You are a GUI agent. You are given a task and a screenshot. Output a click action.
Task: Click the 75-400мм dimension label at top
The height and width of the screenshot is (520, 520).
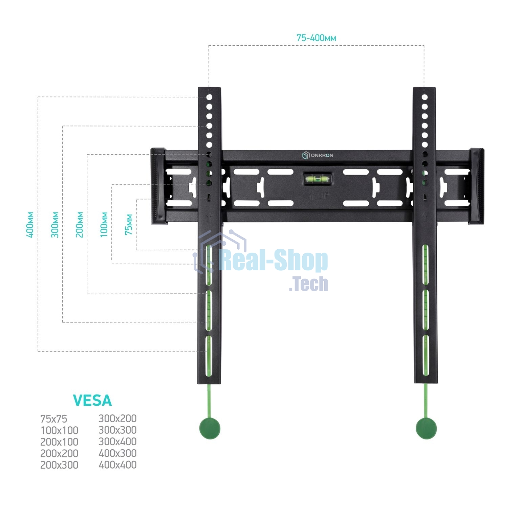316,38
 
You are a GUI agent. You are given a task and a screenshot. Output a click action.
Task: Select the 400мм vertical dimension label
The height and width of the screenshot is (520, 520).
30,225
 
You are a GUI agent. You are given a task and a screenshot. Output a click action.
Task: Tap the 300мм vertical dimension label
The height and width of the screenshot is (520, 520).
55,225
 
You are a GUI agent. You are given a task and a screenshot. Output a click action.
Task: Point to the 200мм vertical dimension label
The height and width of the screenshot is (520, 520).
80,225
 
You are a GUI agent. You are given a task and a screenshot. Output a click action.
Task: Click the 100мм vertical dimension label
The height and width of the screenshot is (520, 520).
104,225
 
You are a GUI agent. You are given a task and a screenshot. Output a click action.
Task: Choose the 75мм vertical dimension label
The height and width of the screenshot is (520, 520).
129,225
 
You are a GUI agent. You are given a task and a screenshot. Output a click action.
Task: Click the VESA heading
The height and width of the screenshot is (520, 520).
92,401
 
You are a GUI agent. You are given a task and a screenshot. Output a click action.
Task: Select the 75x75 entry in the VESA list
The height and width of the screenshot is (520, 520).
53,419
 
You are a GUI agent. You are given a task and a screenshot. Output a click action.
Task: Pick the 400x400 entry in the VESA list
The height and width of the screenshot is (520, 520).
117,465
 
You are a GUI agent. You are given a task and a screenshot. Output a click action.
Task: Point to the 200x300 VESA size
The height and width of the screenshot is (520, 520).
59,465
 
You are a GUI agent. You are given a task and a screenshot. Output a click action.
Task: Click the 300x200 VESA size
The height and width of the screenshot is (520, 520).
117,419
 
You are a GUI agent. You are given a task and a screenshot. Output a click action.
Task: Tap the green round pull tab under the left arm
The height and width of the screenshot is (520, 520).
210,428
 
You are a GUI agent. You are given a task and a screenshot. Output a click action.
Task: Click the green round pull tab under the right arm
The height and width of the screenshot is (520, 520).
426,428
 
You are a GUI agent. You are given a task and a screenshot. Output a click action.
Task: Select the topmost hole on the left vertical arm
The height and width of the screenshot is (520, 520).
209,97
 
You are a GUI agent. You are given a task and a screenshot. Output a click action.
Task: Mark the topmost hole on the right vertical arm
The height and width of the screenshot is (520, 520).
425,97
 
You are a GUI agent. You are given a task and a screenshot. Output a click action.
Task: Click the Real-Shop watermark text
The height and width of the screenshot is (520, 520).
274,261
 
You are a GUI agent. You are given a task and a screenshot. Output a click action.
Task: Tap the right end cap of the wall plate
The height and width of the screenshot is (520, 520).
477,186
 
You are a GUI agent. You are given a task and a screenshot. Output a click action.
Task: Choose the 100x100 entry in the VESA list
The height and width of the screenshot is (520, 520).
59,430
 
